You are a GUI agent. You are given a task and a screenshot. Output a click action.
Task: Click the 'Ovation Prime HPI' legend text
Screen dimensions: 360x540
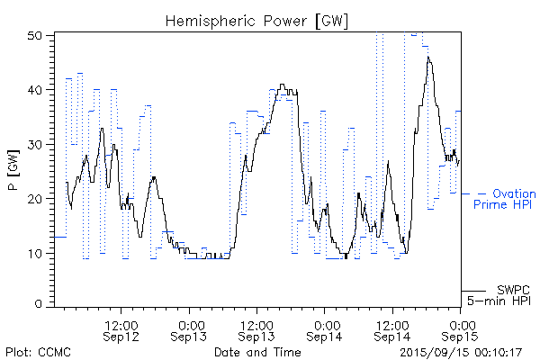[505, 200]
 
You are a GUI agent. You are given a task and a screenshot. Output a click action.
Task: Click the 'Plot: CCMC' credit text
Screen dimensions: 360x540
[39, 352]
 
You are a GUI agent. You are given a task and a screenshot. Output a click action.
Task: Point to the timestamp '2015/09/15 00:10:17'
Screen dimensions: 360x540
[461, 352]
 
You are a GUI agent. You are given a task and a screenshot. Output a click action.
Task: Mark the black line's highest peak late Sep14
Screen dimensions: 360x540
[429, 57]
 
